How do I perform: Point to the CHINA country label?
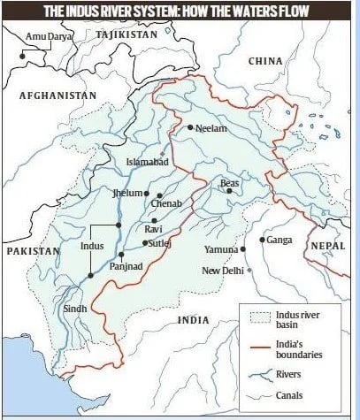(265, 61)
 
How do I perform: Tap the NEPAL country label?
(327, 245)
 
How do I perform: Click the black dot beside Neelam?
(188, 128)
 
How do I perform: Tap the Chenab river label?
(176, 204)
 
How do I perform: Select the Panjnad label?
(127, 265)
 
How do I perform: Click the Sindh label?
(75, 309)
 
